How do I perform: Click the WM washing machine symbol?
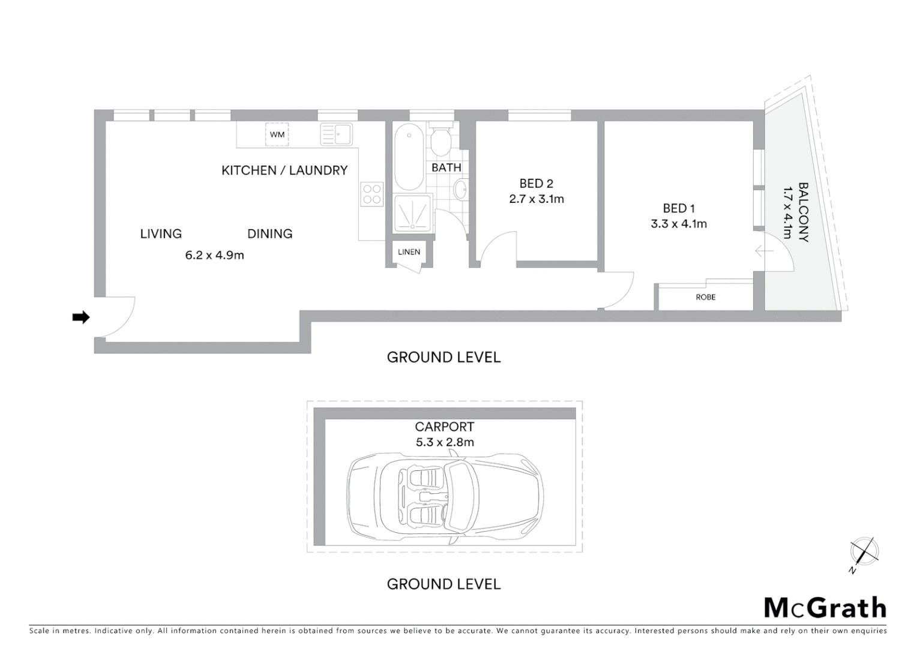tap(277, 134)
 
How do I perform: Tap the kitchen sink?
tap(336, 134)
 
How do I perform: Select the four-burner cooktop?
tap(371, 194)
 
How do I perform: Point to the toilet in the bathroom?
tap(441, 140)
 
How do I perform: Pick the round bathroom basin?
tap(461, 191)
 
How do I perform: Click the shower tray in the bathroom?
tap(412, 213)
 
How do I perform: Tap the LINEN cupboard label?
tap(409, 252)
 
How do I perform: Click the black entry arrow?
tap(80, 317)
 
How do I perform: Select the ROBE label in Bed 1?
tap(706, 297)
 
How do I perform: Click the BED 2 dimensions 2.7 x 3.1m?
tap(537, 199)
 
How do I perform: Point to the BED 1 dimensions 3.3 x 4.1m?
tap(679, 224)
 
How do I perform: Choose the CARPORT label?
tap(444, 427)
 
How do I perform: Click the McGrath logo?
tap(825, 608)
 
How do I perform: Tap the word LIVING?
tap(161, 233)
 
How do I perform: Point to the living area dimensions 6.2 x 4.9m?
tap(214, 255)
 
